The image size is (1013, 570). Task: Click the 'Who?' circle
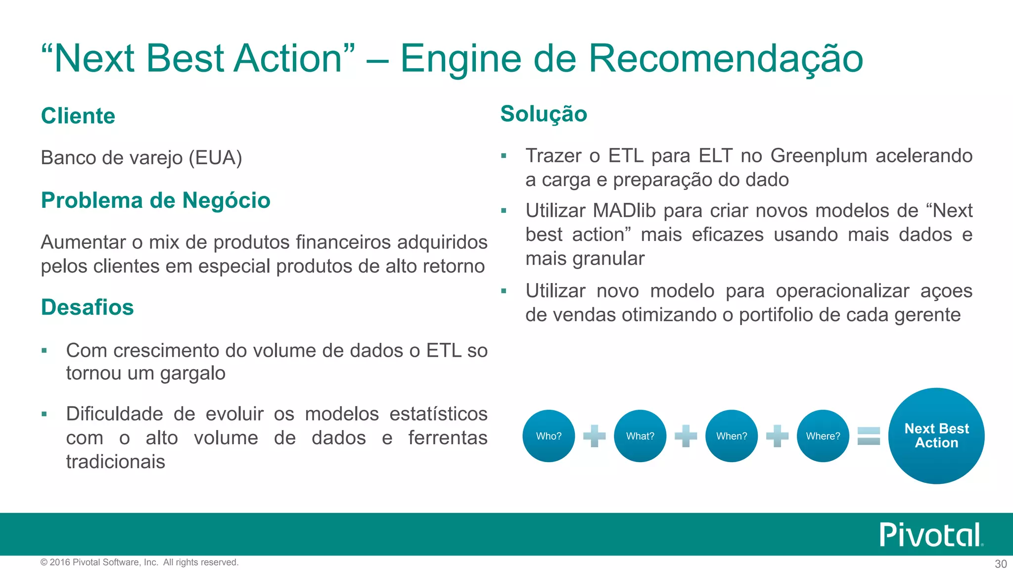(x=549, y=436)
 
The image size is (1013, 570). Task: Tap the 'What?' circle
(x=640, y=436)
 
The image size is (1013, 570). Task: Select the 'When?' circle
(x=732, y=436)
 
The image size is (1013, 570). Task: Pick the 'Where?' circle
(x=823, y=436)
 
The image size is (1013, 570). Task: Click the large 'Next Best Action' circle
(x=936, y=436)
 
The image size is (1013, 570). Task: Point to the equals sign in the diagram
(x=869, y=436)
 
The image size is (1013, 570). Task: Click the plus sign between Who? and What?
(x=594, y=436)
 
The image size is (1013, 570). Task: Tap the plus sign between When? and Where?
(x=777, y=436)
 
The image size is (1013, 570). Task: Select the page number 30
(x=1001, y=564)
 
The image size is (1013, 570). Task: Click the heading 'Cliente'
(x=78, y=116)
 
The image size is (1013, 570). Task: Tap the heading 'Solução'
(x=544, y=114)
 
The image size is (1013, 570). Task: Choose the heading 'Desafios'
(x=88, y=307)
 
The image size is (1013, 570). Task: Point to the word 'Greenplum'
(x=819, y=156)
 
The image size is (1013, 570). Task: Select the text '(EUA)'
(x=215, y=158)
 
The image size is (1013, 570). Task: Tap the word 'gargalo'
(x=193, y=374)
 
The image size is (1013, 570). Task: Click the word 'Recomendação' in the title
(x=725, y=58)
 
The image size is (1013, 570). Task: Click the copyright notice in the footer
(x=139, y=562)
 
